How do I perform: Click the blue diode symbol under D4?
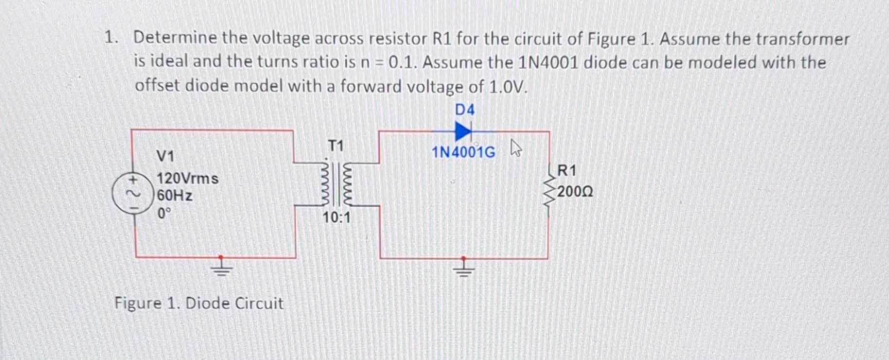pyautogui.click(x=463, y=131)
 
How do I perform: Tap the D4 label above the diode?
pyautogui.click(x=464, y=110)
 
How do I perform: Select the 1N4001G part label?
pyautogui.click(x=463, y=153)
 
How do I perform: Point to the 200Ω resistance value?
pyautogui.click(x=575, y=192)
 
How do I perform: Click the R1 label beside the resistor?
pyautogui.click(x=567, y=171)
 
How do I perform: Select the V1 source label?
pyautogui.click(x=165, y=156)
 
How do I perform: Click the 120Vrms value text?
pyautogui.click(x=187, y=179)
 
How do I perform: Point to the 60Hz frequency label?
pyautogui.click(x=175, y=196)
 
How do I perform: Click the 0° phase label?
pyautogui.click(x=164, y=213)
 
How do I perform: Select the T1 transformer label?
pyautogui.click(x=336, y=145)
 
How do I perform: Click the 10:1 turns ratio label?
pyautogui.click(x=336, y=217)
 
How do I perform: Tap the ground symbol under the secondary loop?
pyautogui.click(x=463, y=268)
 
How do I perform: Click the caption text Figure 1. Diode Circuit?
pyautogui.click(x=198, y=303)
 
